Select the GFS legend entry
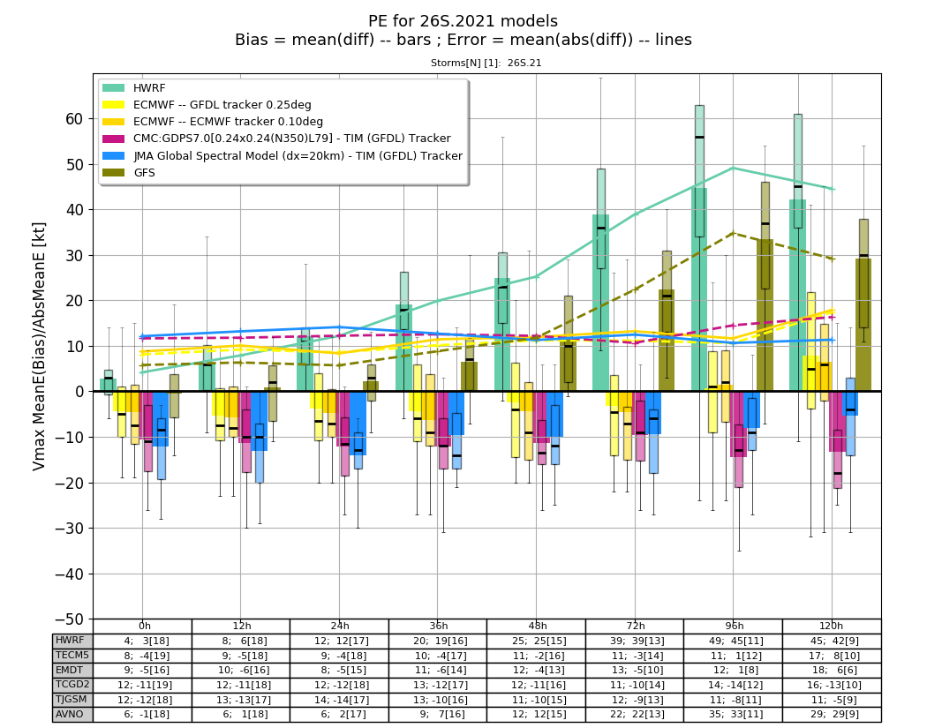(x=129, y=173)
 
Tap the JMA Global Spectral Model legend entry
(x=283, y=156)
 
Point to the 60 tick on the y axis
(x=74, y=119)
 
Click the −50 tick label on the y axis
(x=69, y=619)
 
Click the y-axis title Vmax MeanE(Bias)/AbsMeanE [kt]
(x=39, y=346)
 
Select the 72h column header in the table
(x=635, y=626)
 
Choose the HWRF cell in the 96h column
(x=733, y=641)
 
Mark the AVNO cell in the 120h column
(x=832, y=714)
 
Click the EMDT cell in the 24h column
(x=339, y=670)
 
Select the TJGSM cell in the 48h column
(x=536, y=700)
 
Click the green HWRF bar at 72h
(x=600, y=303)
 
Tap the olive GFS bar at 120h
(x=863, y=325)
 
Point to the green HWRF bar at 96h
(x=699, y=289)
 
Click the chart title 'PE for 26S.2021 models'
(x=463, y=21)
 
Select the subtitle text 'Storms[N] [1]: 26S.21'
(x=486, y=63)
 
